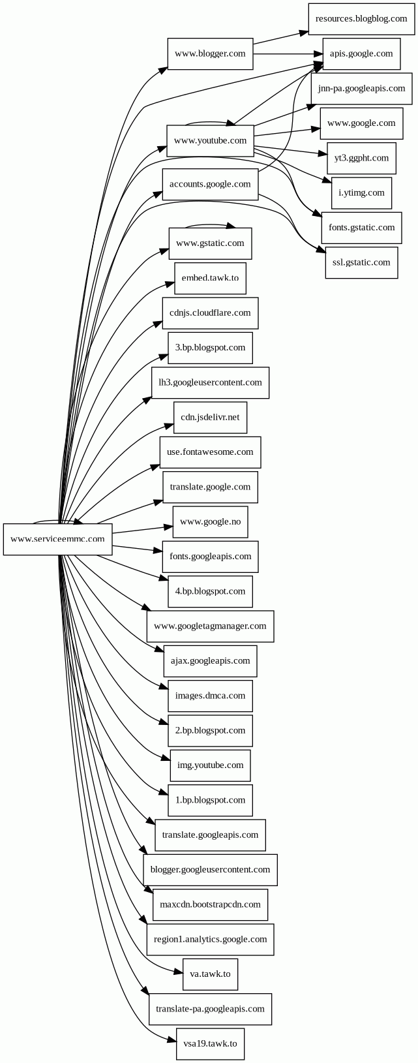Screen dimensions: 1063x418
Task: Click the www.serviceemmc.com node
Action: pos(57,539)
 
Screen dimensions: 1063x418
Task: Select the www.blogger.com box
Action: pos(210,54)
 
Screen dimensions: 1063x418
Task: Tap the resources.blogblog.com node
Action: pos(361,19)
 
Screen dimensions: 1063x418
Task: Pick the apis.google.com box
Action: pos(361,54)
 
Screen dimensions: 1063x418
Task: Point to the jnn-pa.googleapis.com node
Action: pos(361,88)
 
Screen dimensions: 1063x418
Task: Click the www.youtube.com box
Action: pos(210,140)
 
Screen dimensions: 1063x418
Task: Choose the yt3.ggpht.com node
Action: pos(361,158)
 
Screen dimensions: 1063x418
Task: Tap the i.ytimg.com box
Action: pos(361,193)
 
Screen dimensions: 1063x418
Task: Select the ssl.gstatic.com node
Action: pos(361,262)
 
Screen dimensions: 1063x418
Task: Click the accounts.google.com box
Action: pos(210,184)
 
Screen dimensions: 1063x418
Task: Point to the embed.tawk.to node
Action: pos(210,278)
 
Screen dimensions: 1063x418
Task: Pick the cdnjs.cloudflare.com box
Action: pos(210,313)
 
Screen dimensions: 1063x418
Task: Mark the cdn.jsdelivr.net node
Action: pos(210,417)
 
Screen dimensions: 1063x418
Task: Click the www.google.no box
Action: pos(210,521)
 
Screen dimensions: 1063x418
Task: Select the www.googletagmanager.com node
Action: pos(210,626)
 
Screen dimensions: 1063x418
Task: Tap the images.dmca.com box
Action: pos(210,696)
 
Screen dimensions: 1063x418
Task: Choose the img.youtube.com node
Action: pos(210,765)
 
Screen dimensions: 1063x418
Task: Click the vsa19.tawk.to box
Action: pos(210,1043)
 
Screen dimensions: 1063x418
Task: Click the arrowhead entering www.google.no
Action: pos(168,527)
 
